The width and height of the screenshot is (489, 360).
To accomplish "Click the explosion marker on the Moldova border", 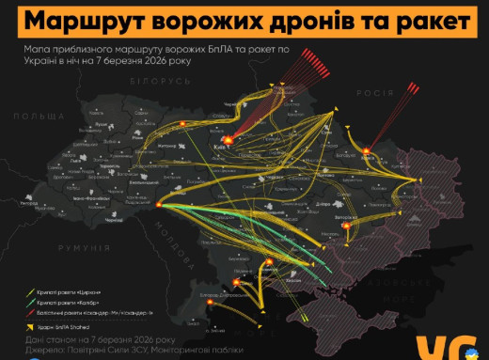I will tap(161, 204).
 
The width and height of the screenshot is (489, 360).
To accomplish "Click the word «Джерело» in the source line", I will tap(40, 349).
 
